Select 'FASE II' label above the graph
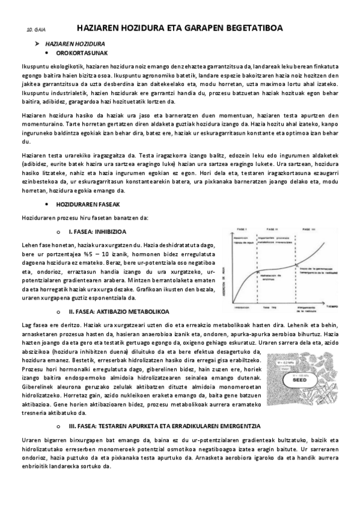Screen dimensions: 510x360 click(x=271, y=230)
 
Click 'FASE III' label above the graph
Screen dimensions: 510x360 click(x=307, y=230)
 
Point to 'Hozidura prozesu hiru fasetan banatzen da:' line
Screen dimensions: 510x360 click(x=84, y=217)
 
